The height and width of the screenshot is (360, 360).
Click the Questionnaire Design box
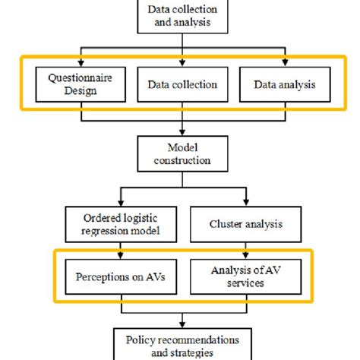pos(81,84)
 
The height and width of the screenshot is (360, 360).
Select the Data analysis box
pos(285,84)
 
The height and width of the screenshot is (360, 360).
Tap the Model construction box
pos(182,154)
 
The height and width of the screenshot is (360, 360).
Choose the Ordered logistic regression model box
pos(121,225)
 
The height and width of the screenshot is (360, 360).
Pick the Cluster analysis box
pos(246,225)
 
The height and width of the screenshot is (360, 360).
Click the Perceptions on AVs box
pos(121,276)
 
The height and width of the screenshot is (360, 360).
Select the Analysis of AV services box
pos(246,276)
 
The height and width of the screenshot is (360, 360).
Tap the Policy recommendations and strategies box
pos(182,344)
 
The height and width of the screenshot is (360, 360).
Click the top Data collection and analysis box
pos(182,17)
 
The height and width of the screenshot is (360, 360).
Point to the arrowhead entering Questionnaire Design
pos(81,63)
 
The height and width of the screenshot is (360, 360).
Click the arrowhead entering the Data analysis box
pos(285,63)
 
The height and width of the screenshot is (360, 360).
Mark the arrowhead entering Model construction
pos(182,132)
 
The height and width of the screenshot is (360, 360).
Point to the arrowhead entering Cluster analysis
pos(246,203)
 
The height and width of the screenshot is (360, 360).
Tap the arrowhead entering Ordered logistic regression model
pos(121,203)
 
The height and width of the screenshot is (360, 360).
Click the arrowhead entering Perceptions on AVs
pos(121,255)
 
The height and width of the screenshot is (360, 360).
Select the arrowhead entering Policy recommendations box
pos(182,325)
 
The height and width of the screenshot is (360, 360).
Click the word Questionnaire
pos(80,78)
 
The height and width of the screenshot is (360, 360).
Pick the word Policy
pos(140,340)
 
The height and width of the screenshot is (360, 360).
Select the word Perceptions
pos(103,277)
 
